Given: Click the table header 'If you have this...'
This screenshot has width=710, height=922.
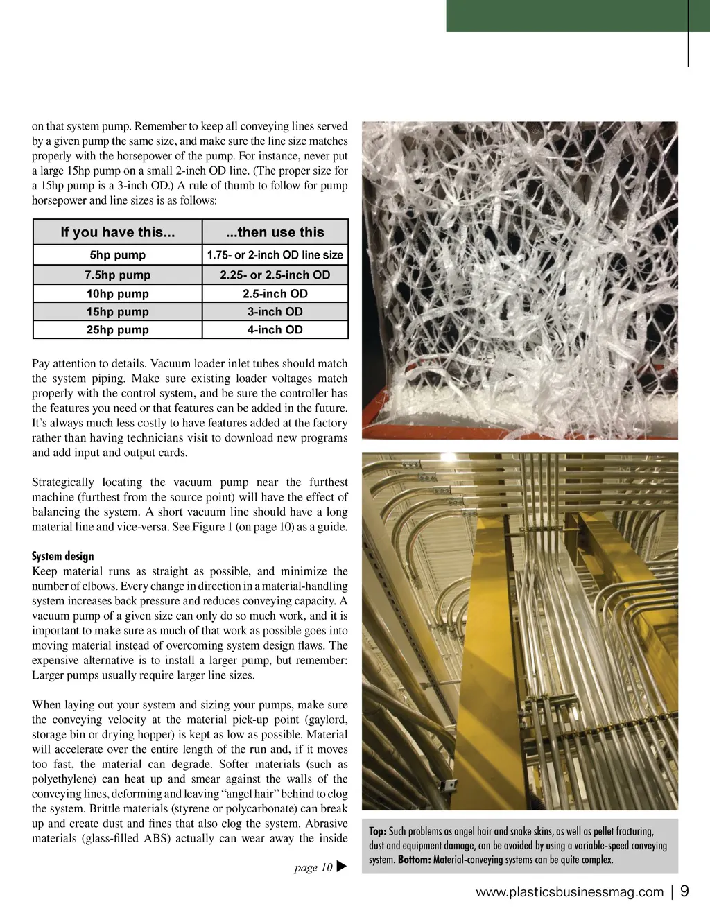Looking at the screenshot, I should pyautogui.click(x=117, y=232).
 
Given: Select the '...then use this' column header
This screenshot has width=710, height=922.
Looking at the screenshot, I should pyautogui.click(x=275, y=232).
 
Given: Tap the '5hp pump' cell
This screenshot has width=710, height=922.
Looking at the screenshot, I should pyautogui.click(x=117, y=255).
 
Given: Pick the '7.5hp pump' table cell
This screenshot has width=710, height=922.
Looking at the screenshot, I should pyautogui.click(x=117, y=275).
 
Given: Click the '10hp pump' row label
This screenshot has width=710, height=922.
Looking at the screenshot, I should pyautogui.click(x=117, y=293).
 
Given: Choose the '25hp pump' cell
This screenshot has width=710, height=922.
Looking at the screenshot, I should pyautogui.click(x=117, y=330).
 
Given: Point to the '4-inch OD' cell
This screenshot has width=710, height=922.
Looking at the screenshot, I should pyautogui.click(x=275, y=330).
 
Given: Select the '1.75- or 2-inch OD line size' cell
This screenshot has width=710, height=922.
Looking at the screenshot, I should pyautogui.click(x=275, y=255).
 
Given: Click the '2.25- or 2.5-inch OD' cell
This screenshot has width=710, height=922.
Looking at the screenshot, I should pyautogui.click(x=275, y=275).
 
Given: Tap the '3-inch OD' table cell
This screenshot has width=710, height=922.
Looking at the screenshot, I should pyautogui.click(x=275, y=312).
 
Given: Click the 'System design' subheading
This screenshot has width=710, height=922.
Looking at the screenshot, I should pyautogui.click(x=62, y=556).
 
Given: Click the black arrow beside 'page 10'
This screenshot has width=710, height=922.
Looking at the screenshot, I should pyautogui.click(x=340, y=867).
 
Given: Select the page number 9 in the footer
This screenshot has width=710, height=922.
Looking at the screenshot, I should pyautogui.click(x=684, y=891).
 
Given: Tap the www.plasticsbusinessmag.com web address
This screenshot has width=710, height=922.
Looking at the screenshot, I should pyautogui.click(x=569, y=892).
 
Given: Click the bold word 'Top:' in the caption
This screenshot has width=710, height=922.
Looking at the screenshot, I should pyautogui.click(x=377, y=831).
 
